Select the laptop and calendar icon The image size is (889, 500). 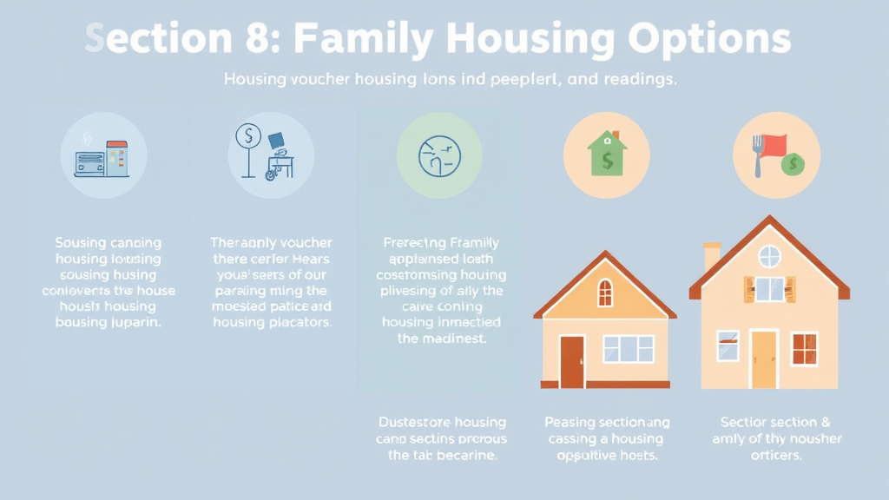[102, 158]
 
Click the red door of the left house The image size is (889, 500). [572, 361]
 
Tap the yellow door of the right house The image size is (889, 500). [764, 359]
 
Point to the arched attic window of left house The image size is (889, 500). [605, 293]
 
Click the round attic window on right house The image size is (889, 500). [769, 256]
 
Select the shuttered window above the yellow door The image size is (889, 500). [769, 289]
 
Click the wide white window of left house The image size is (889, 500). [629, 348]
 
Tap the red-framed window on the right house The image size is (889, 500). [805, 347]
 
